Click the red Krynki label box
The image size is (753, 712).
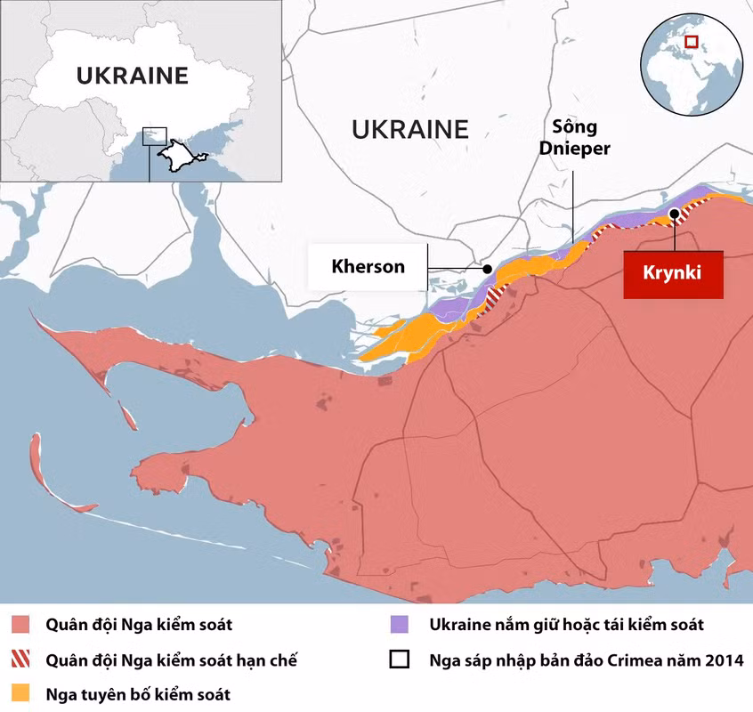coord(673,273)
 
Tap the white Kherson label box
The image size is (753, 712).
coord(368,266)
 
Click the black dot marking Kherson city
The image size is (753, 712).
coord(487,268)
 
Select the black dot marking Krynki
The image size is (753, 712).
coord(675,213)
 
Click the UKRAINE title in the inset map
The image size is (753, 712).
coord(132,76)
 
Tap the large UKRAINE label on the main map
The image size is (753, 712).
coord(409,130)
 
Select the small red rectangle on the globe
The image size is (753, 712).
coord(691,41)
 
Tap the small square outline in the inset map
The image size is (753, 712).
coord(155,134)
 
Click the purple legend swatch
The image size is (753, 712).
coord(401,625)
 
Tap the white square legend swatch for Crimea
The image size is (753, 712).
coord(401,659)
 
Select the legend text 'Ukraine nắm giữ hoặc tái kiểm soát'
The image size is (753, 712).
coord(566,625)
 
